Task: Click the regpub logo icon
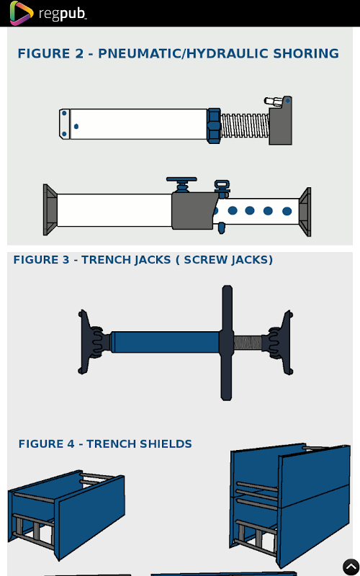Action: coord(22,13)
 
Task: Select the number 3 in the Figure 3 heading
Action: coord(66,260)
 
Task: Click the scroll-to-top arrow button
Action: coord(351,567)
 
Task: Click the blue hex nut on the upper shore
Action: coord(214,125)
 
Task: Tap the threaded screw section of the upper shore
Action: coord(245,125)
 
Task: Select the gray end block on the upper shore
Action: coord(281,121)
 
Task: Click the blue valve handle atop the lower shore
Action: coord(181,184)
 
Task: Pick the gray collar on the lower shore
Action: coord(194,211)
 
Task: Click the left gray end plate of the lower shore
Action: coord(50,210)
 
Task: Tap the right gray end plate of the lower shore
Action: coord(305,212)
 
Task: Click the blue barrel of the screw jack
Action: coord(165,342)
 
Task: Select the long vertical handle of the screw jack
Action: coord(227,343)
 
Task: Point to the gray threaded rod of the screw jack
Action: coord(248,343)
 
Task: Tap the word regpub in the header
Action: coord(63,14)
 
